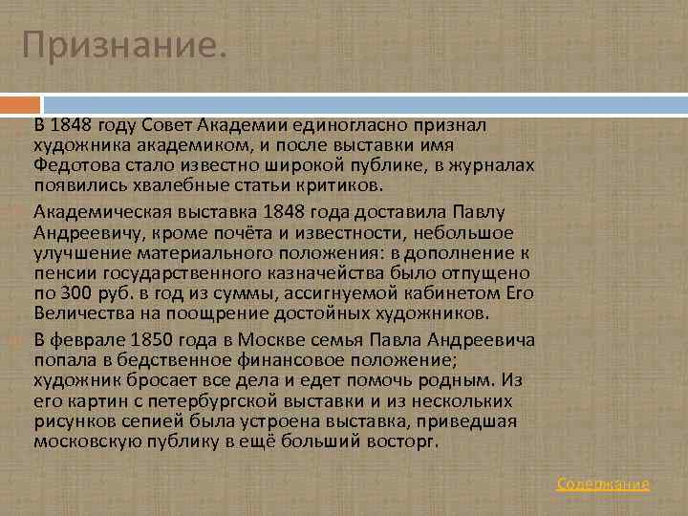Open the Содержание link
(x=603, y=484)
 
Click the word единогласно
(x=364, y=125)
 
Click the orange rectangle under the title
(x=21, y=102)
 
